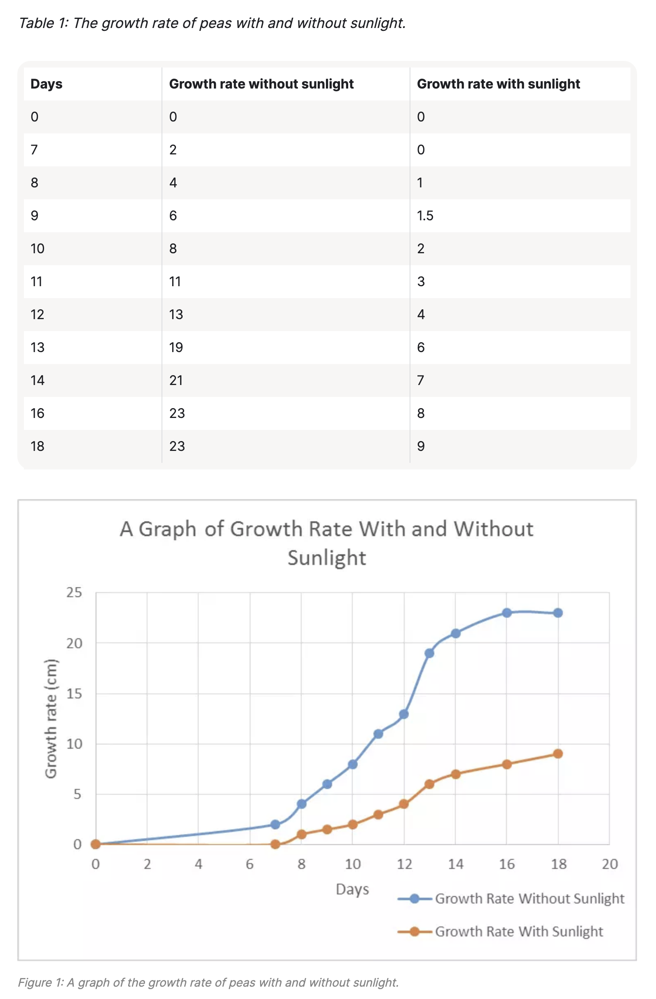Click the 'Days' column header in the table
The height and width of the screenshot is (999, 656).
tap(46, 84)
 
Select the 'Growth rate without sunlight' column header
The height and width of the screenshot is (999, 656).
tap(261, 84)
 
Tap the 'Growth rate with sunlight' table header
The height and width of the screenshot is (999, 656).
tap(498, 84)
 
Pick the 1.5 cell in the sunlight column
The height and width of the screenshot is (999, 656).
tap(424, 216)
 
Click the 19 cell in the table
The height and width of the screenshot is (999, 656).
tap(176, 348)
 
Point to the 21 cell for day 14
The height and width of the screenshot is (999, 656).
tap(176, 380)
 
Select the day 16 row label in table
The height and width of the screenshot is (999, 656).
tap(37, 413)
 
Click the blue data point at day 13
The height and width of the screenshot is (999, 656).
tap(429, 653)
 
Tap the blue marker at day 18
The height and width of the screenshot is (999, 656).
tap(558, 613)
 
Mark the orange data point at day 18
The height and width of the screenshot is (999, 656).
tap(558, 754)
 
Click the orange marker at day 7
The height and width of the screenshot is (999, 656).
tap(275, 844)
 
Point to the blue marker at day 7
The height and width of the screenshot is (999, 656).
tap(275, 824)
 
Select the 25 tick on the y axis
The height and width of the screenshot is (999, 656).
tap(74, 593)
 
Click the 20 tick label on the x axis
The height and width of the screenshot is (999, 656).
tap(609, 864)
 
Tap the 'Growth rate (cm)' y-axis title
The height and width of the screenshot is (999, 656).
tap(51, 719)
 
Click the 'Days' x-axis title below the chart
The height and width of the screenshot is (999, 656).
tap(352, 889)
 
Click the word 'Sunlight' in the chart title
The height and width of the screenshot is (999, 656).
tap(327, 558)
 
